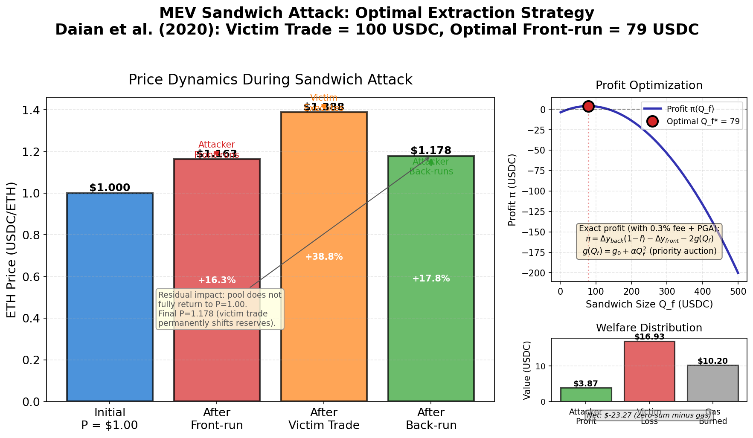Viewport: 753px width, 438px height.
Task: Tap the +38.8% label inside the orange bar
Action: (x=324, y=257)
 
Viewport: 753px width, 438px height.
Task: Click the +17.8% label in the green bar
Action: (x=431, y=278)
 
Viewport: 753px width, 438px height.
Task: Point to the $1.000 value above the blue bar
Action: (x=110, y=188)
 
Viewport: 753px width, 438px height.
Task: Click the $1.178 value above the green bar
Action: (x=431, y=151)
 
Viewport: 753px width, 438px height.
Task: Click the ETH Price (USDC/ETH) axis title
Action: (x=12, y=249)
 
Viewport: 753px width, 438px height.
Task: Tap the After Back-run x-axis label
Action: (x=431, y=419)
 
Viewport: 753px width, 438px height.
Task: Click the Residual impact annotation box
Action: (x=220, y=309)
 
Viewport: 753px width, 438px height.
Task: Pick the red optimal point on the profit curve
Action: (x=588, y=107)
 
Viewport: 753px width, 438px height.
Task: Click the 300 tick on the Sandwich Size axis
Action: (x=666, y=291)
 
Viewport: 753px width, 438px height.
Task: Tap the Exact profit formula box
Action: (x=649, y=241)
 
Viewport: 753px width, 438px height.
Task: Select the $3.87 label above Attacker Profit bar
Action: (x=586, y=384)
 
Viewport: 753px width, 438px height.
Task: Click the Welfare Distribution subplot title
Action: (x=649, y=328)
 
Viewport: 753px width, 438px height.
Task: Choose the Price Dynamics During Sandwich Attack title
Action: (x=270, y=80)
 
